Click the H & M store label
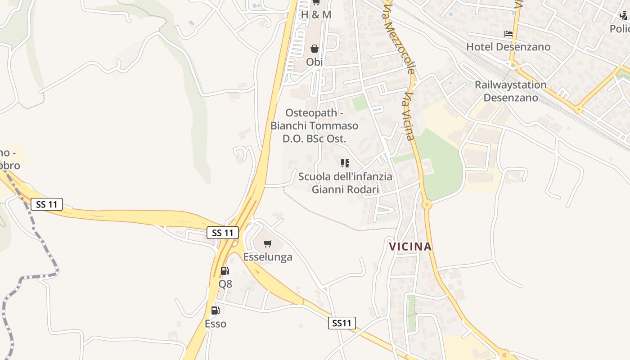click(x=316, y=15)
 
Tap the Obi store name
click(x=315, y=62)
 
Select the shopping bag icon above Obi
click(x=315, y=49)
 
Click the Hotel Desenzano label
click(x=508, y=47)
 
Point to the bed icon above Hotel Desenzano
click(x=508, y=34)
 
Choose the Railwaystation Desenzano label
click(x=511, y=91)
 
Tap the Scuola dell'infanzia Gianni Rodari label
click(x=345, y=183)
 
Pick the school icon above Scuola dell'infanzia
click(x=345, y=163)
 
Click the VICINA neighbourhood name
click(x=410, y=247)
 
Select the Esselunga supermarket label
click(x=268, y=257)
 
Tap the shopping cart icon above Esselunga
click(x=268, y=244)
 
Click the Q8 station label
click(x=225, y=284)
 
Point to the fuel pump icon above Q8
click(x=225, y=271)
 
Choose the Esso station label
click(x=216, y=324)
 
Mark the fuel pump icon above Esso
click(x=216, y=310)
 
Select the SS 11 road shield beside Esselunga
click(x=223, y=233)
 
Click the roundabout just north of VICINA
click(x=427, y=205)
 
